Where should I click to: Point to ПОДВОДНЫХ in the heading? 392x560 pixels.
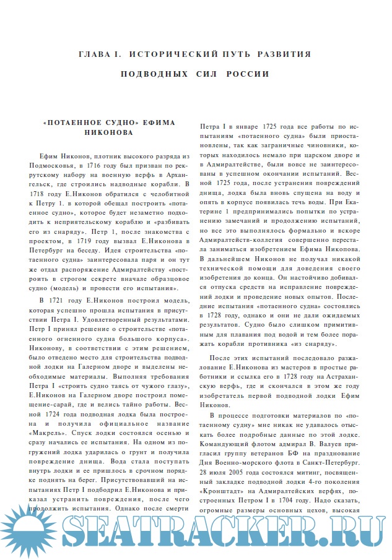150,75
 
